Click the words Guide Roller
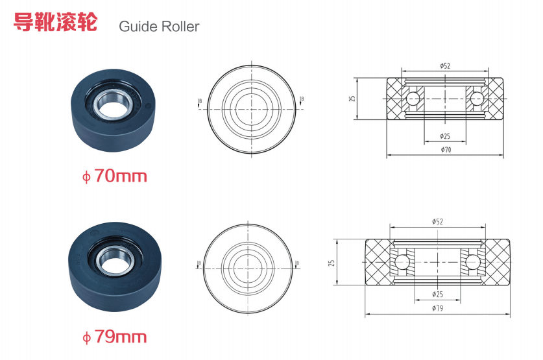tap(158, 27)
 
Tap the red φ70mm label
tap(114, 175)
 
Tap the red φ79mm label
tap(114, 337)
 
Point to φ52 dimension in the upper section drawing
tap(445, 66)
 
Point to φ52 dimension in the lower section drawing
tap(437, 221)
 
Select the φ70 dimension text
tap(445, 150)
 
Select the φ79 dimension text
tap(437, 308)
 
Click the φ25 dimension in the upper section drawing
tap(445, 136)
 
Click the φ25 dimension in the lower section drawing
tap(437, 295)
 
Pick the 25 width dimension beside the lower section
tap(332, 263)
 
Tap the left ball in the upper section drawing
tap(413, 99)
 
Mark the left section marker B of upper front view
tap(199, 101)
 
